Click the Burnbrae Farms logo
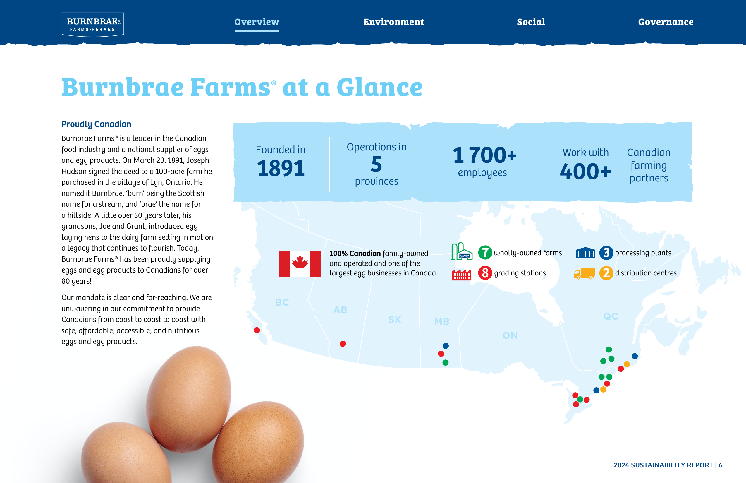pos(93,25)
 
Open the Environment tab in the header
pos(393,22)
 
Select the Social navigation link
pos(531,22)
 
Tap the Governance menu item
pos(666,22)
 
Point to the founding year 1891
pos(281,168)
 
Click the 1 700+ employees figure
pos(484,155)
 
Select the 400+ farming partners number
pos(585,172)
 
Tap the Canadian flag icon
pos(300,263)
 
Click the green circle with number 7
pos(485,252)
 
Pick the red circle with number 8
pos(485,273)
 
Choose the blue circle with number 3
pos(606,252)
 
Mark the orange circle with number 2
pos(606,273)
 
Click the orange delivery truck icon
pos(584,273)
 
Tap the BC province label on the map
pos(282,302)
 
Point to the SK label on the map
pos(395,320)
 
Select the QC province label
pos(611,316)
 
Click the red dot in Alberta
pos(343,344)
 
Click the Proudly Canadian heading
pos(96,124)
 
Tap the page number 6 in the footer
pos(721,465)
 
